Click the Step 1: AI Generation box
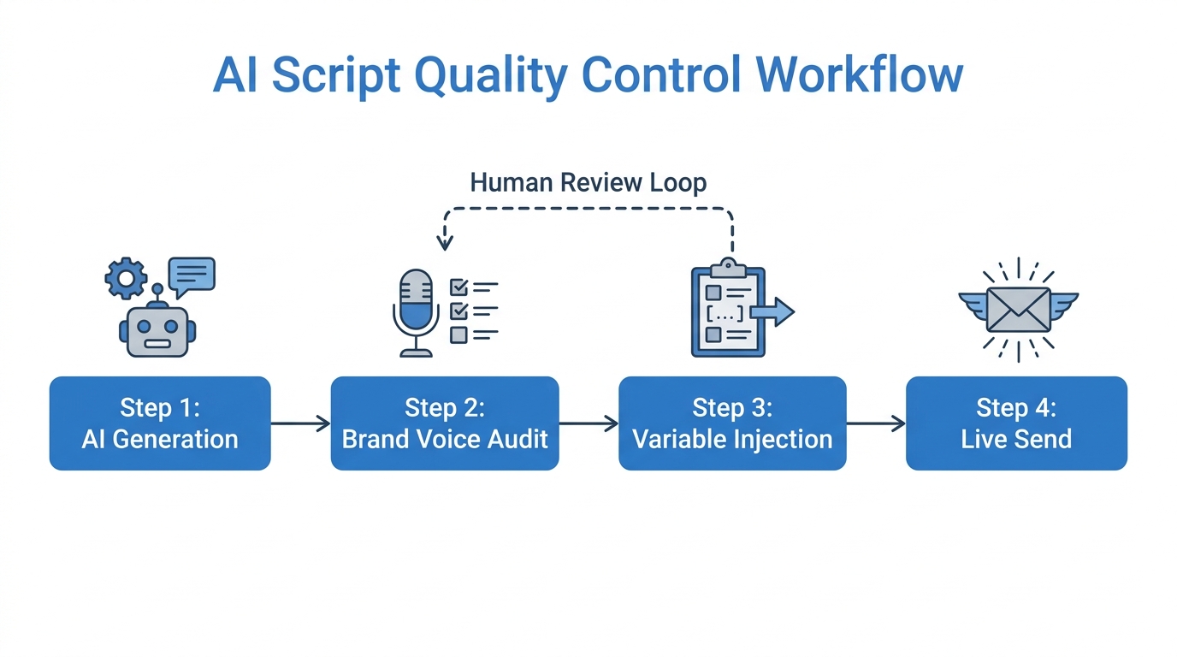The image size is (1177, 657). (160, 423)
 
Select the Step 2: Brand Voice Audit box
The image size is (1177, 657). (445, 423)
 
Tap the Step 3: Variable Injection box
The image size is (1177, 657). (732, 423)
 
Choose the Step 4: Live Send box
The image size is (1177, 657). (1016, 423)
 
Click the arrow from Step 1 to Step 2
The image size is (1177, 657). (300, 423)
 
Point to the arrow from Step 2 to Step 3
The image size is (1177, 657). (588, 423)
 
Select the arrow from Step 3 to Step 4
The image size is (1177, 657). (876, 423)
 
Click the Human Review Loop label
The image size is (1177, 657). (588, 182)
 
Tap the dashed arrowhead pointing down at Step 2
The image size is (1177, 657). (444, 242)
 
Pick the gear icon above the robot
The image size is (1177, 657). (126, 277)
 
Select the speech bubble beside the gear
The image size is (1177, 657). (192, 275)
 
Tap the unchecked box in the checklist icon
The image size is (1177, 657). (458, 334)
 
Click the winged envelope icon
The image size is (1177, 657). (1018, 309)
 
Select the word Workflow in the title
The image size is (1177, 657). (860, 76)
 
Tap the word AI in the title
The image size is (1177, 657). (236, 76)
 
